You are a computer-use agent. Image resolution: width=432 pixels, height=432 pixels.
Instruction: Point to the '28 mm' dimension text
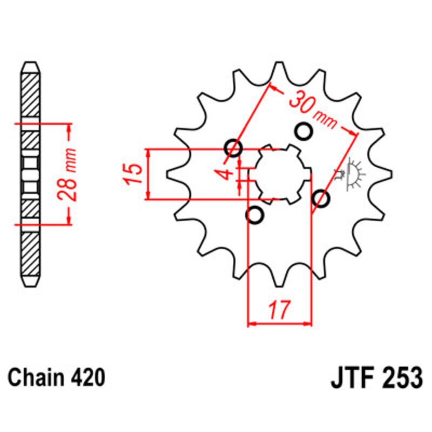70,174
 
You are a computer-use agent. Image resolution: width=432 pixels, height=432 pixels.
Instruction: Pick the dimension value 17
280,312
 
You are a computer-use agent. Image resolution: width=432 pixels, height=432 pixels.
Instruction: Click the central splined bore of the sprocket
280,174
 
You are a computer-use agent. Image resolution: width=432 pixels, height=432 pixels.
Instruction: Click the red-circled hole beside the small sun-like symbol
321,199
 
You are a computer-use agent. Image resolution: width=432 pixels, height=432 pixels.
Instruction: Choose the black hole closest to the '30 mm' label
304,131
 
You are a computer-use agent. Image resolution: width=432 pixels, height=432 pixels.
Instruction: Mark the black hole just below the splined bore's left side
254,215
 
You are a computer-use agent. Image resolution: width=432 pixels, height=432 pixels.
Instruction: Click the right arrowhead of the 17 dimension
309,324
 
